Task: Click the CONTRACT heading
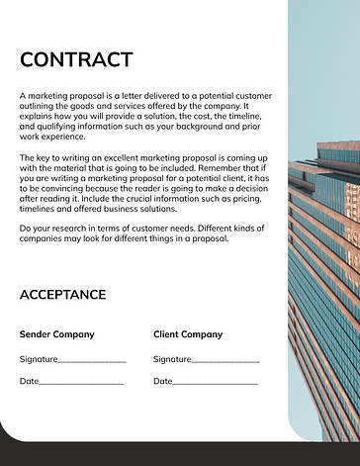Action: [75, 59]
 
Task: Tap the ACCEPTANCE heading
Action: [62, 295]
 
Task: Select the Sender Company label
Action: [57, 334]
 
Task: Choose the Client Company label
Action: [188, 334]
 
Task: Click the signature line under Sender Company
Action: [93, 362]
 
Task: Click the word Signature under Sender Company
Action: [39, 358]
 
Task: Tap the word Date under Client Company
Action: [162, 381]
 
